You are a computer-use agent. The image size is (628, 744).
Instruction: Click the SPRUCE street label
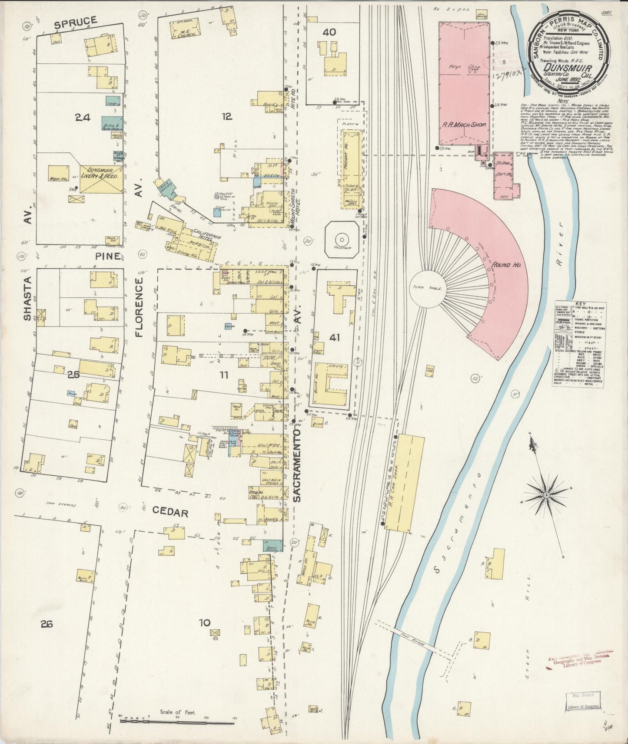(x=76, y=20)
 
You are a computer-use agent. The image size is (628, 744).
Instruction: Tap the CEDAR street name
(x=170, y=513)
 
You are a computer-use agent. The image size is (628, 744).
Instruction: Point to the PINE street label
(x=108, y=256)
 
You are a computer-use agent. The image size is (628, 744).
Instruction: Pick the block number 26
(x=47, y=624)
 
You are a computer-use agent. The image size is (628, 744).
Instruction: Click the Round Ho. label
(x=503, y=265)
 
